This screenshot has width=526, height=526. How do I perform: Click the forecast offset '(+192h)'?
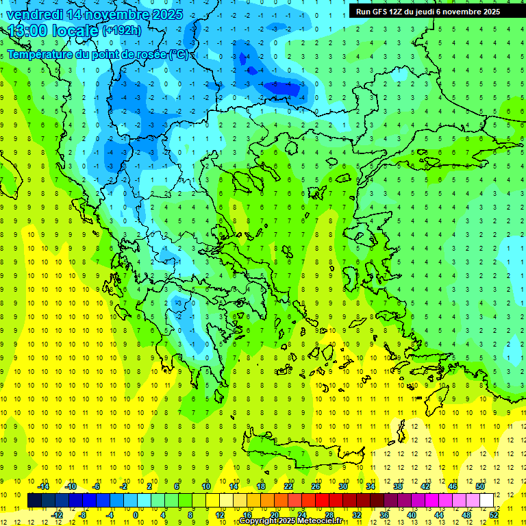pyautogui.click(x=122, y=31)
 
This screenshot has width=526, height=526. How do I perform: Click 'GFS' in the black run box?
pyautogui.click(x=383, y=12)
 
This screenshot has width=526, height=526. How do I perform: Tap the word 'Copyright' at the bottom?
pyautogui.click(x=259, y=521)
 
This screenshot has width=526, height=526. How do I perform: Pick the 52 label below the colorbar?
pyautogui.click(x=494, y=515)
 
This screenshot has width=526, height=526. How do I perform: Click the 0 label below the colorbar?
pyautogui.click(x=136, y=515)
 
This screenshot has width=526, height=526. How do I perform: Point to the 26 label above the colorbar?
pyautogui.click(x=316, y=486)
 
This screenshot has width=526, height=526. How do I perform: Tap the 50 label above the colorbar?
pyautogui.click(x=480, y=486)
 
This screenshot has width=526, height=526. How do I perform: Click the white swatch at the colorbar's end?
pyautogui.click(x=486, y=501)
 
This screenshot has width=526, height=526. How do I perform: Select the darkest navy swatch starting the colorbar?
pyautogui.click(x=35, y=501)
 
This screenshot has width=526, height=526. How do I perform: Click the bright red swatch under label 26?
pyautogui.click(x=322, y=501)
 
